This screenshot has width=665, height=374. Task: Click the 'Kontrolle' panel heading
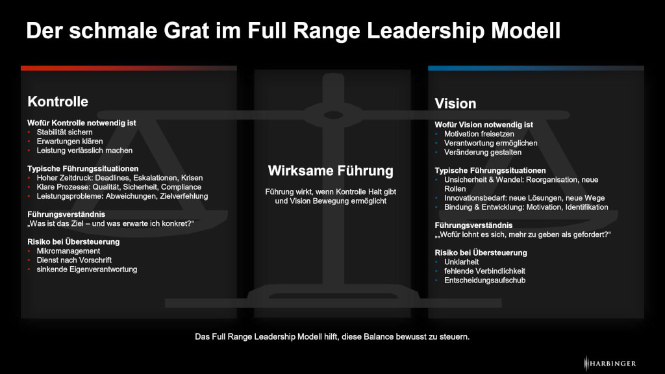coord(58,102)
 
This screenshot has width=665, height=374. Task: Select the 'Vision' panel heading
coord(455,104)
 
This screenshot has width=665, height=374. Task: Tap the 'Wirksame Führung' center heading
coord(331,171)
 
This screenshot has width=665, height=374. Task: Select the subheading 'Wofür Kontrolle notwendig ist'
coord(81,122)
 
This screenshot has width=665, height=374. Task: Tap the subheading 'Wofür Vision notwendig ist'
coord(484,124)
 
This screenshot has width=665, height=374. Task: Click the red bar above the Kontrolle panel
coord(129,68)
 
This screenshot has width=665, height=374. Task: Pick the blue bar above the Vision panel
coord(536,68)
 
